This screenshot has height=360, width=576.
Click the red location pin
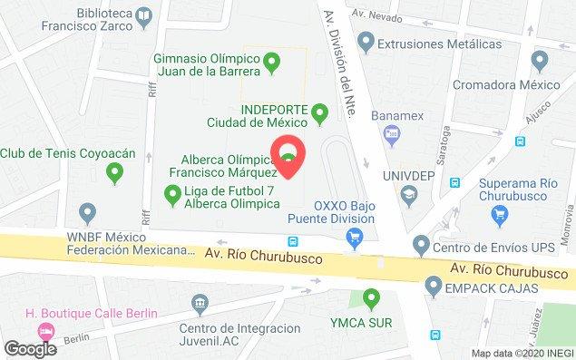(289, 151)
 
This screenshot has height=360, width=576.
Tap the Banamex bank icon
(393, 135)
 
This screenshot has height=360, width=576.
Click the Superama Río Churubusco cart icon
(498, 213)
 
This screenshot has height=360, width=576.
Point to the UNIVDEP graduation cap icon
(409, 193)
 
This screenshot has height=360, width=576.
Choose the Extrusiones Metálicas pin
(366, 41)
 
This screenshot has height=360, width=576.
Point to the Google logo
(30, 348)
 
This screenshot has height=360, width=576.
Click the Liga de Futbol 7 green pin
(172, 192)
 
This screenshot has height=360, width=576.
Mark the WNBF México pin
(88, 214)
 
